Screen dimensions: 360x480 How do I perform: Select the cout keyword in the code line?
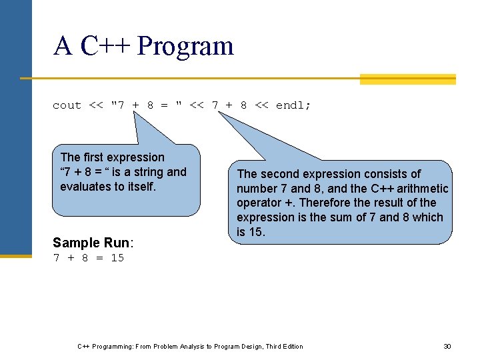tap(67, 105)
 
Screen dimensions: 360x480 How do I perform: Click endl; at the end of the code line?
tap(293, 105)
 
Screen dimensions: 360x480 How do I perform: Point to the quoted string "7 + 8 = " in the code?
tap(146, 105)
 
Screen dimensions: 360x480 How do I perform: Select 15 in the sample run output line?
tap(117, 258)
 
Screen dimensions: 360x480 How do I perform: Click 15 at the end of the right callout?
tap(258, 232)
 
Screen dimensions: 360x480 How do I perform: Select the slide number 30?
tap(447, 347)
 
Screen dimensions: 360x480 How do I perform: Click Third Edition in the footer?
tap(284, 347)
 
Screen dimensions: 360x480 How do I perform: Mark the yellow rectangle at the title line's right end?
tap(407, 79)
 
